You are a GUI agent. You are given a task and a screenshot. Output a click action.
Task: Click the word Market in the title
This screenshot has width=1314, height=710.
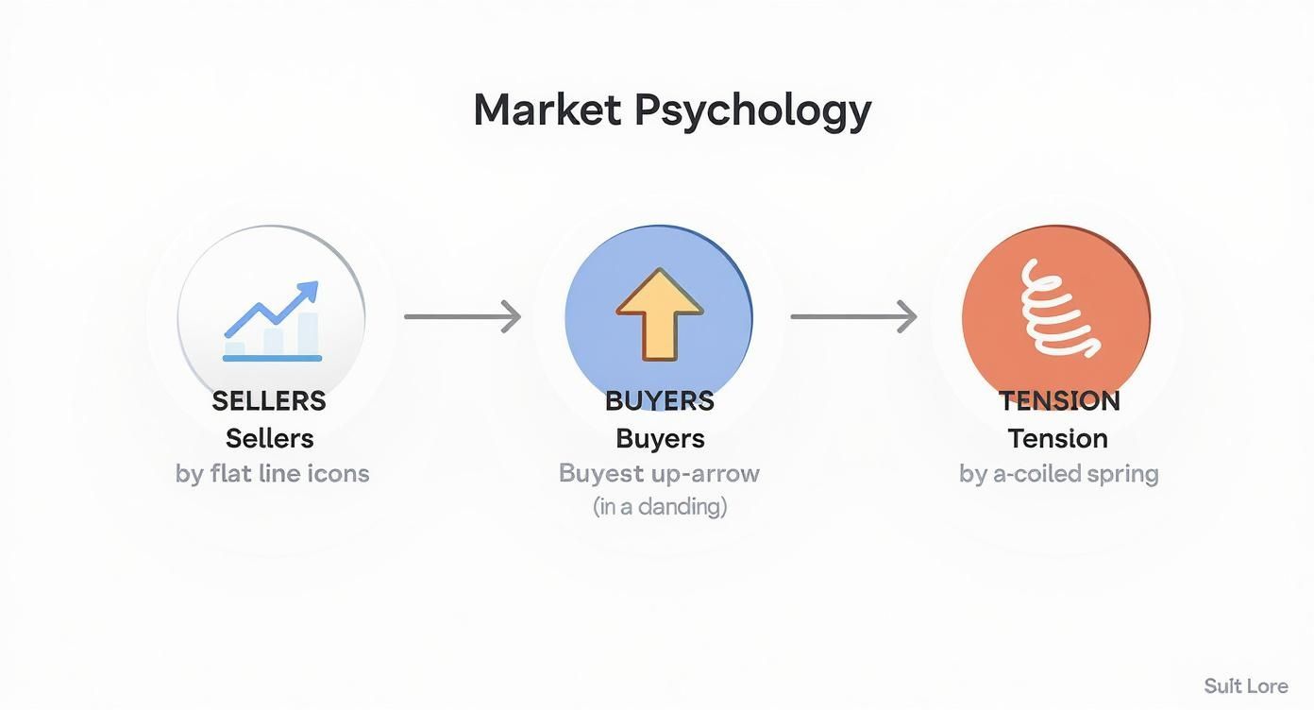tap(547, 110)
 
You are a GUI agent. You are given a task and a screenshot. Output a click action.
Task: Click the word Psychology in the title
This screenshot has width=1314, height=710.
tap(752, 111)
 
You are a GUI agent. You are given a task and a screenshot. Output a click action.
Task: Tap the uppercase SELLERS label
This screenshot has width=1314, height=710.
tap(269, 401)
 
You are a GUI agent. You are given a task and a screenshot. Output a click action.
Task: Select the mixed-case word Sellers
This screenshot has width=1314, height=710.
tap(270, 438)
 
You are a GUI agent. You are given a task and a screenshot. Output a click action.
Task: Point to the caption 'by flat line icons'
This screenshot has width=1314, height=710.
tap(272, 473)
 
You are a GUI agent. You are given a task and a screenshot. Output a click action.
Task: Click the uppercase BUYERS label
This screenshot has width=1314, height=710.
tap(660, 401)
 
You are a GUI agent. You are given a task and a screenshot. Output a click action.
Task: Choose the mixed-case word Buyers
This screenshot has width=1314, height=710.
tap(660, 438)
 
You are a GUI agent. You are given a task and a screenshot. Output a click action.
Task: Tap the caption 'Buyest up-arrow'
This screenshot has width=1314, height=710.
tap(659, 473)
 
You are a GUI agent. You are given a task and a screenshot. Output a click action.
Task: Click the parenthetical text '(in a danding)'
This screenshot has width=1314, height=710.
tap(660, 506)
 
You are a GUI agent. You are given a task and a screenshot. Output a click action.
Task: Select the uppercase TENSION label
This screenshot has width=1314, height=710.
tap(1058, 401)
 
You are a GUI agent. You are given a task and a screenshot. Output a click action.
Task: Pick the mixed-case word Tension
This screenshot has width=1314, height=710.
tap(1057, 438)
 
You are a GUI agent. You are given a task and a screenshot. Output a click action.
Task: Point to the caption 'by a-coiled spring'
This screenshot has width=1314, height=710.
tap(1058, 473)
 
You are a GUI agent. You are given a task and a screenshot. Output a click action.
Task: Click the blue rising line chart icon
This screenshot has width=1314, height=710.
tap(272, 321)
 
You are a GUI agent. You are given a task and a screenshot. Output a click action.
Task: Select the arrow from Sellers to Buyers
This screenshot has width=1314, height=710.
tap(463, 316)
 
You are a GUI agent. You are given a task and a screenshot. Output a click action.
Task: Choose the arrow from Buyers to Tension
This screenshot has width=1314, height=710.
tap(853, 316)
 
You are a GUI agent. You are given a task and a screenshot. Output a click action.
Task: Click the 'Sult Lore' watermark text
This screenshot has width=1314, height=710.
tap(1245, 686)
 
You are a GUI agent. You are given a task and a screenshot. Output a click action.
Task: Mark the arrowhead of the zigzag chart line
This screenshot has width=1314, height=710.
tap(309, 290)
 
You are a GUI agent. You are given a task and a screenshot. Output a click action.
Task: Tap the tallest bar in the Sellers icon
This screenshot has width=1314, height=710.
tap(308, 334)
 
